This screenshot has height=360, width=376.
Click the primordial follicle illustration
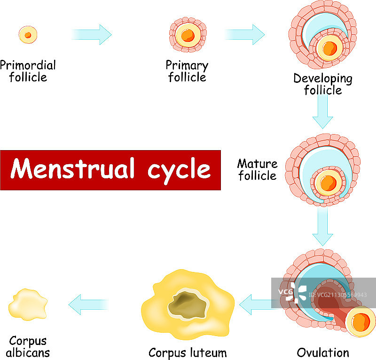coord(28,35)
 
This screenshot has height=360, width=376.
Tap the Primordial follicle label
coord(28,71)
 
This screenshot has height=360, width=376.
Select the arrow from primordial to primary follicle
coord(92,34)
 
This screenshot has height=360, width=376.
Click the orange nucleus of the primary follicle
coord(188,35)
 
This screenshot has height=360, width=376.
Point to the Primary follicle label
coord(187,71)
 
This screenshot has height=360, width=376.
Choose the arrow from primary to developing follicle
coord(244,34)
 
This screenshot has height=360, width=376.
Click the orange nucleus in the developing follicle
coord(329,48)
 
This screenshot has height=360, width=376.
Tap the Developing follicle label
coord(323,84)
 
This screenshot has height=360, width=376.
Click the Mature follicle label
coord(257,170)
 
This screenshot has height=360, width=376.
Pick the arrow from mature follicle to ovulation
coord(323,226)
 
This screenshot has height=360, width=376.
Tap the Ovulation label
coord(323,352)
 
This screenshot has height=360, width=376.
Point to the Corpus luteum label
coord(188,352)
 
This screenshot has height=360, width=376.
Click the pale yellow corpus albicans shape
coord(27,304)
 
